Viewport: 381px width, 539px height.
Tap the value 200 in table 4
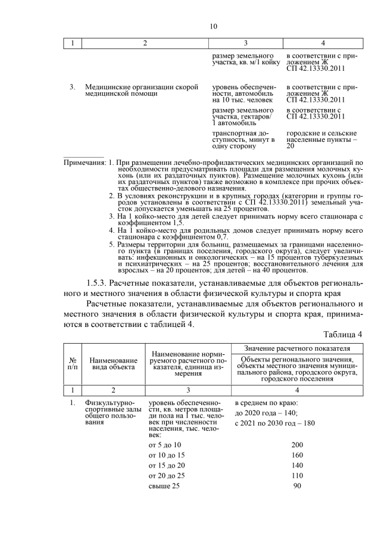pos(297,445)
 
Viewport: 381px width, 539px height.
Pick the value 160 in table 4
pos(297,455)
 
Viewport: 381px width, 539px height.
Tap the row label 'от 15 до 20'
pos(167,465)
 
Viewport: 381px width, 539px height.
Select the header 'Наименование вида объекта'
pos(113,364)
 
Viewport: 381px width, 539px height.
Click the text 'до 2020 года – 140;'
pos(266,413)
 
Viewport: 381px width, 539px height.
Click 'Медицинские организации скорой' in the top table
pos(141,87)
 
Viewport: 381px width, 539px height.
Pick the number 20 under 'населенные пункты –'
pos(291,146)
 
